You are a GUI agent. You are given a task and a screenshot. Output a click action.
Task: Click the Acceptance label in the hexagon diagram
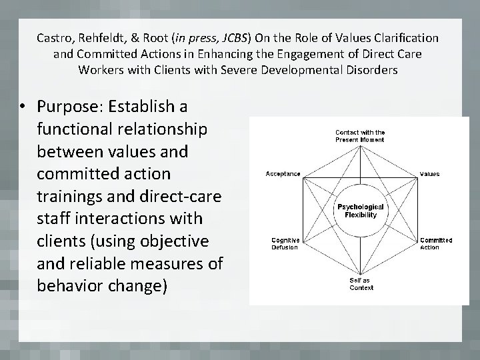283,174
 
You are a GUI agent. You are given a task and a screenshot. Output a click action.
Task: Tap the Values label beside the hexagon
429,174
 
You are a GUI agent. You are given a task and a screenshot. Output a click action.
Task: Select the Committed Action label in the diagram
436,243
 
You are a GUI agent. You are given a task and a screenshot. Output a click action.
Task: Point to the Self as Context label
361,284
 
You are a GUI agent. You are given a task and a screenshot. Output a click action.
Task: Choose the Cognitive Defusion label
285,243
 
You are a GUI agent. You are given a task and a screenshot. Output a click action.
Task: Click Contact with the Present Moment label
360,136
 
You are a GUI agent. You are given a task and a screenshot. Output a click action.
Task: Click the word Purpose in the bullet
63,106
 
